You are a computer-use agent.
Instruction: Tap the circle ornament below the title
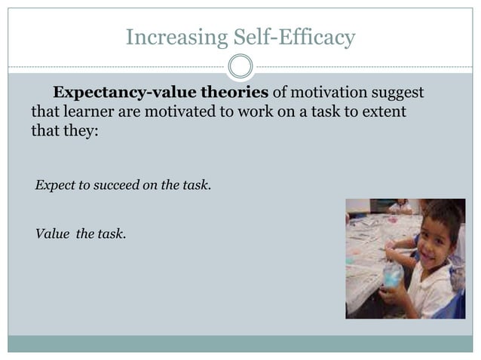pos(240,66)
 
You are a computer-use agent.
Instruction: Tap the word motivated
pos(178,112)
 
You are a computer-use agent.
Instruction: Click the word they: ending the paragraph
pos(78,132)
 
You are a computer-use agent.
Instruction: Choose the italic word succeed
pos(114,184)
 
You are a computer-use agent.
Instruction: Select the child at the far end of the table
pos(400,205)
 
